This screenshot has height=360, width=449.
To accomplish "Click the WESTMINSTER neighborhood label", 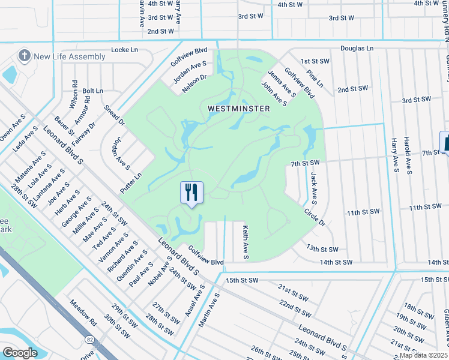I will pyautogui.click(x=239, y=109).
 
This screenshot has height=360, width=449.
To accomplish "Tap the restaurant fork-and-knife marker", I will pyautogui.click(x=191, y=193).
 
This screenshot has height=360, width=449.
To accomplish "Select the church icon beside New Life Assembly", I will pyautogui.click(x=24, y=56).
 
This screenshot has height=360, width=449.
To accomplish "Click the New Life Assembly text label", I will pyautogui.click(x=70, y=56).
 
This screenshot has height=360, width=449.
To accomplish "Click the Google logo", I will pyautogui.click(x=20, y=353).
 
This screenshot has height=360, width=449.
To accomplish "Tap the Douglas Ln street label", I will pyautogui.click(x=357, y=47).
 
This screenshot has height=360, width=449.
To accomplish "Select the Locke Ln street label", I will pyautogui.click(x=125, y=50).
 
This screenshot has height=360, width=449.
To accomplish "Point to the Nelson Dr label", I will pyautogui.click(x=194, y=82).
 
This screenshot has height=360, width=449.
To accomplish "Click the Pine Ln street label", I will pyautogui.click(x=314, y=80).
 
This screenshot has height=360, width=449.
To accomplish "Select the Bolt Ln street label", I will pyautogui.click(x=93, y=91).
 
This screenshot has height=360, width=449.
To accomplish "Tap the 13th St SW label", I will pyautogui.click(x=322, y=248).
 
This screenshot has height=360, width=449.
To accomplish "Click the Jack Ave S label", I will pyautogui.click(x=313, y=185).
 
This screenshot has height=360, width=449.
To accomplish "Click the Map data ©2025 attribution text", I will pyautogui.click(x=423, y=355).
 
